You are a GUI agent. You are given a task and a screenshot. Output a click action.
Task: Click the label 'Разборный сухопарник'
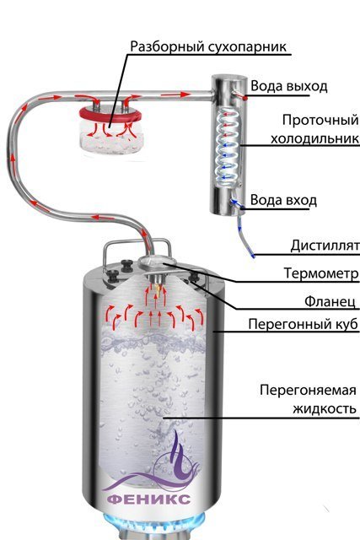click(208, 46)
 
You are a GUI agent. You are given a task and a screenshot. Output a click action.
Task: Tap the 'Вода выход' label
click(288, 86)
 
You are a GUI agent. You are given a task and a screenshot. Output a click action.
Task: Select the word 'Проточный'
click(320, 121)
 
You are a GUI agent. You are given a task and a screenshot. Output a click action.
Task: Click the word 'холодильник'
click(314, 138)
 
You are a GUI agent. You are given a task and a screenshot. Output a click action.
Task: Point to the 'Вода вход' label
click(283, 200)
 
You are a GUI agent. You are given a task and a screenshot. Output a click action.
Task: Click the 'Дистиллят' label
click(325, 246)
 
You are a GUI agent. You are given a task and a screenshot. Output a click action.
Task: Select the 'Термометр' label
click(321, 273)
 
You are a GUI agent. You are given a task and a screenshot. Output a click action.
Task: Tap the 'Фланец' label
click(330, 302)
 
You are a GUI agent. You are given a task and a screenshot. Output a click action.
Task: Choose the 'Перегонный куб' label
click(304, 324)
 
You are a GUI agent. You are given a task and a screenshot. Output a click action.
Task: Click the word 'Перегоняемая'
click(308, 391)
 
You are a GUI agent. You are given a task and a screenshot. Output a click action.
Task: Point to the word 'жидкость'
click(325, 408)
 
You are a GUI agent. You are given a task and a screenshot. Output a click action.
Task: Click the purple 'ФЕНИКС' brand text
click(148, 499)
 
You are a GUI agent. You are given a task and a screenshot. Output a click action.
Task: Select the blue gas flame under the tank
click(153, 526)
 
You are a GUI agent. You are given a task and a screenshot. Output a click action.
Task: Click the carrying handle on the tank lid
click(137, 243)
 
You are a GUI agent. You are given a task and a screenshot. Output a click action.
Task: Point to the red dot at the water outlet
click(245, 98)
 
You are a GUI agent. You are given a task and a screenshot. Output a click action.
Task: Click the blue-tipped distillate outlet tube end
click(253, 255)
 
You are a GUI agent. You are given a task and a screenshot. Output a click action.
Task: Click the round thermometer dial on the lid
click(157, 262)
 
